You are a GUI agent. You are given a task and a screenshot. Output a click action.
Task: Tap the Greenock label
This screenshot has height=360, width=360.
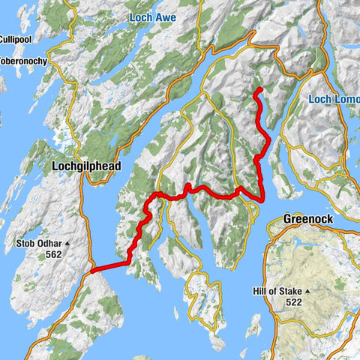coord(308,218)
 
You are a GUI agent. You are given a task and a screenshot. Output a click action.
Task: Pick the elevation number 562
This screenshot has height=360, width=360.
coord(53,255)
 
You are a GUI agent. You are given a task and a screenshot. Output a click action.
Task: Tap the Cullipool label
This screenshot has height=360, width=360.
coord(14,39)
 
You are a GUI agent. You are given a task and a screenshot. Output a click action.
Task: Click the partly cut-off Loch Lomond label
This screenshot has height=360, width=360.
coord(334,99)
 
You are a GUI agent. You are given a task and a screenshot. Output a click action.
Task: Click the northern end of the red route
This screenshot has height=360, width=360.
coord(259,89)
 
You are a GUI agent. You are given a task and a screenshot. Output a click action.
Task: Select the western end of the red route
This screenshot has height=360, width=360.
coord(91,268)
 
